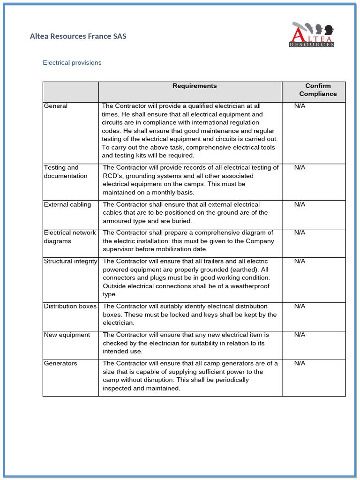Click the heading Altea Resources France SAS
pos(78,36)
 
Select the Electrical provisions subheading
pos(72,62)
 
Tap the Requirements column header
pos(195,86)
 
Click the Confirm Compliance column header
pos(318,90)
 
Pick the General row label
pos(55,106)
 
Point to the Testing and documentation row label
pos(65,172)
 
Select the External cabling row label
pos(67,204)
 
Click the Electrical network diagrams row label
pos(69,237)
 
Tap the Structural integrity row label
pos(70,261)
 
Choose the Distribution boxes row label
pos(70,306)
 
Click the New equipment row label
pos(67,335)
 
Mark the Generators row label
pos(60,363)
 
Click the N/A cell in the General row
pos(300,106)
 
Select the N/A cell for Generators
pos(300,363)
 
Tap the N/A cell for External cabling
pos(300,204)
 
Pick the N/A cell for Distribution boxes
pos(300,306)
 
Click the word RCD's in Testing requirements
pos(113,176)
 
